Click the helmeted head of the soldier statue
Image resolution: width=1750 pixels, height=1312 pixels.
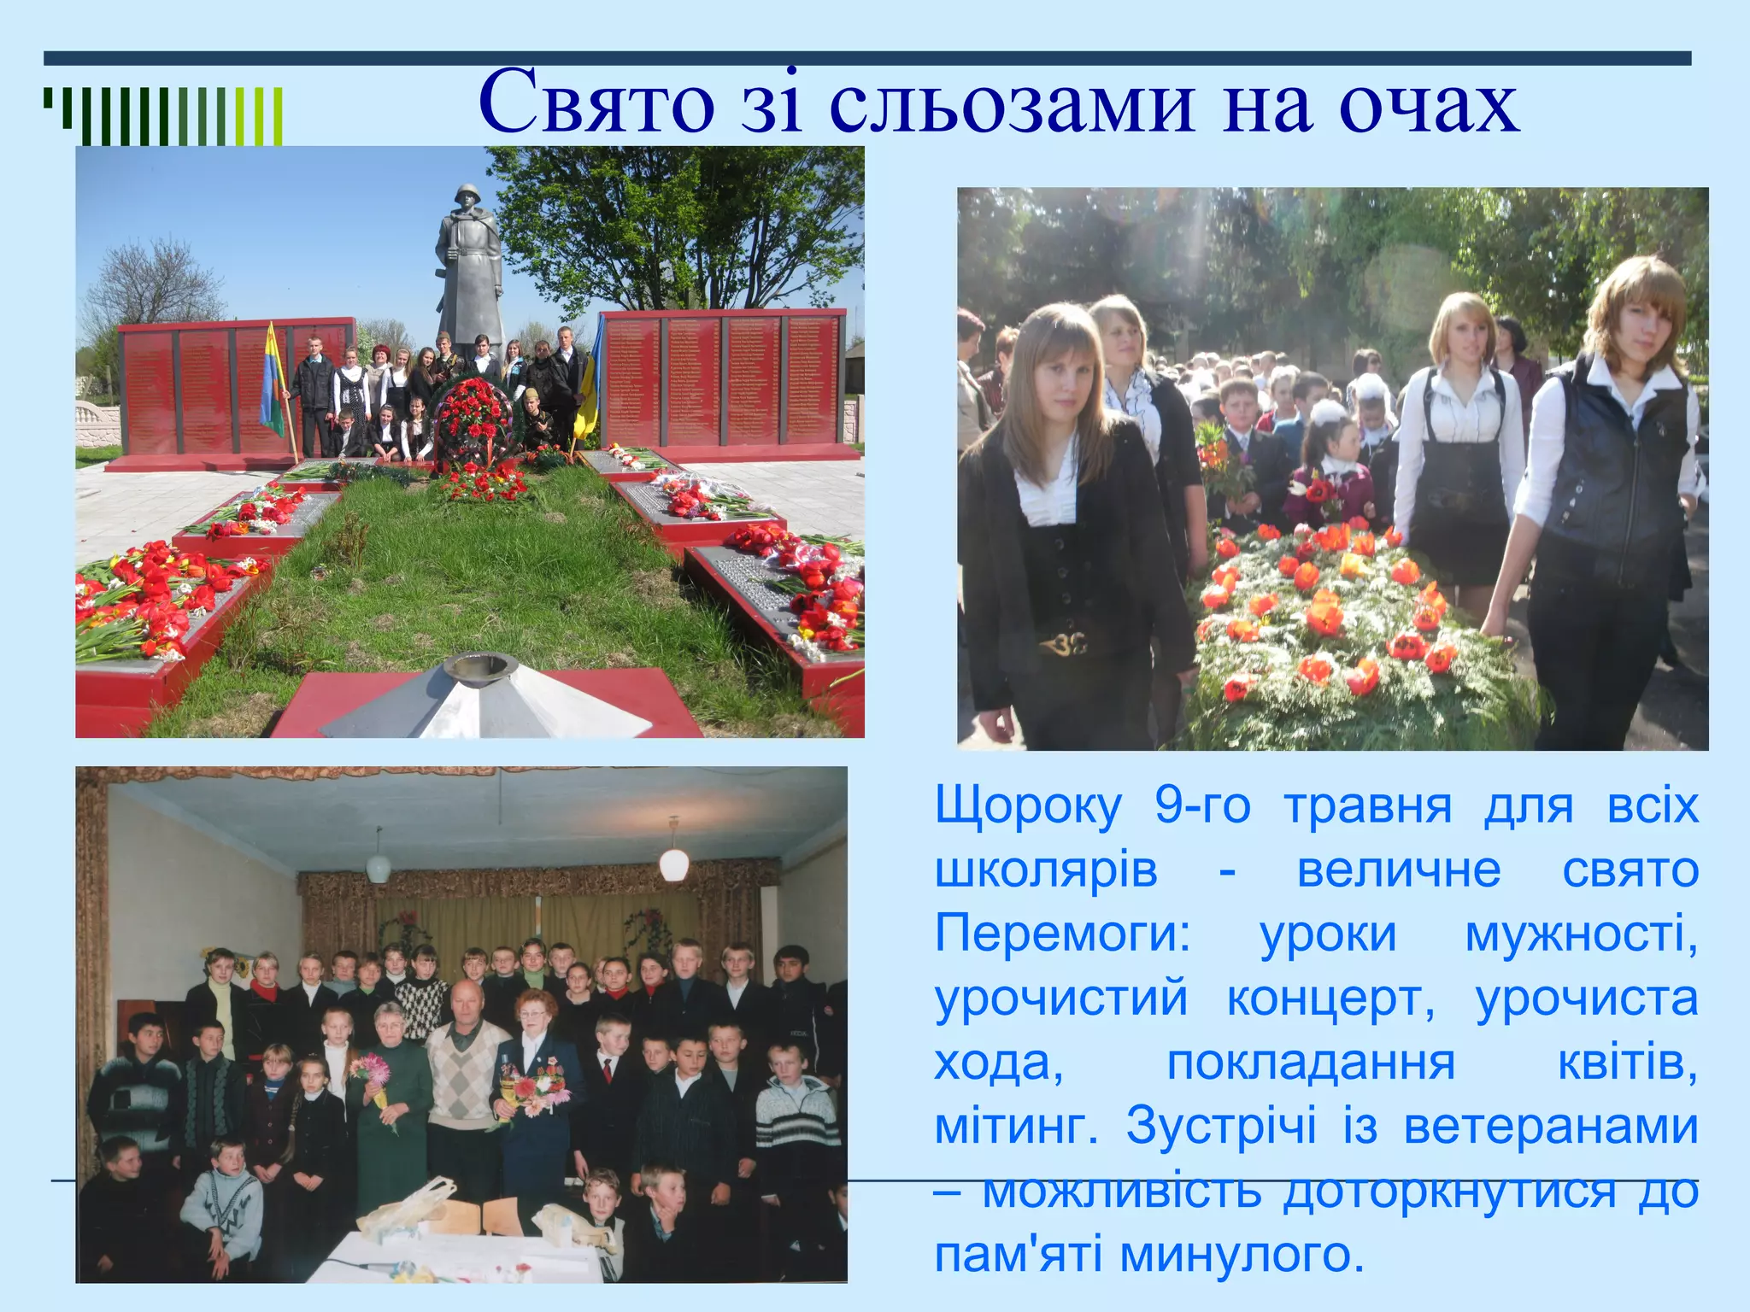467,198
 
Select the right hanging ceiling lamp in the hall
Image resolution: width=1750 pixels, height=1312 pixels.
673,863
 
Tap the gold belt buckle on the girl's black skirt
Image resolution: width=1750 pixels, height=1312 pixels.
1063,642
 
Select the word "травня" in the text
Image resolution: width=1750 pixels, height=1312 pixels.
1367,806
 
